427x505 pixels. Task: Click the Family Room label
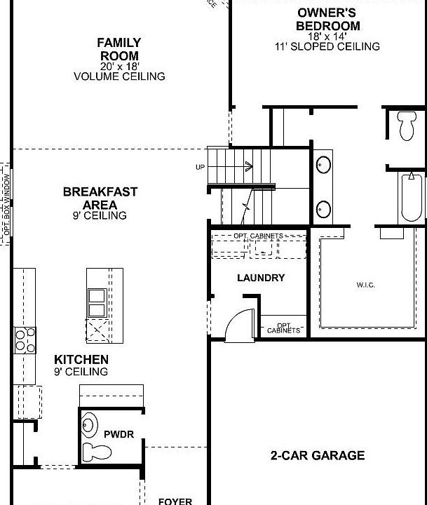click(118, 49)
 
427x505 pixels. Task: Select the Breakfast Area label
click(100, 197)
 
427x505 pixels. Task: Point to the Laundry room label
click(261, 278)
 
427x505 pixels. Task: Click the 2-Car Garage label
click(318, 455)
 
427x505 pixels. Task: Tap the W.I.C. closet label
click(366, 285)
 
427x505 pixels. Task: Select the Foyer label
click(175, 501)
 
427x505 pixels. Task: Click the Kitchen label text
click(81, 359)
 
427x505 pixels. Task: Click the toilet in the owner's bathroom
click(407, 126)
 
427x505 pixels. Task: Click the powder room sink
click(90, 423)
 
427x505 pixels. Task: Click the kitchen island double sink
click(96, 303)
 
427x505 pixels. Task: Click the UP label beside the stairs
click(201, 167)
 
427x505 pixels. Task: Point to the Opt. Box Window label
click(6, 203)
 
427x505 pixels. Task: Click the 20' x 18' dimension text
click(118, 66)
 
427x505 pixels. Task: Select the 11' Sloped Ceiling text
click(328, 46)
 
